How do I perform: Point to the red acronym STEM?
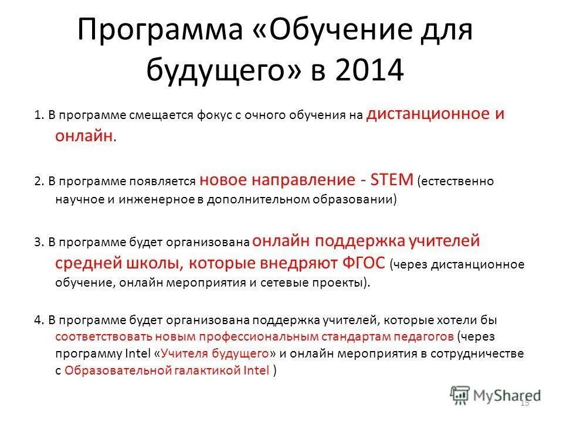pos(394,178)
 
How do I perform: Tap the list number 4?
pos(38,321)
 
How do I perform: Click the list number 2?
pos(38,181)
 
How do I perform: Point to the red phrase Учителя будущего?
pos(214,354)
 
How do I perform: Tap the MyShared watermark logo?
pos(496,394)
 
